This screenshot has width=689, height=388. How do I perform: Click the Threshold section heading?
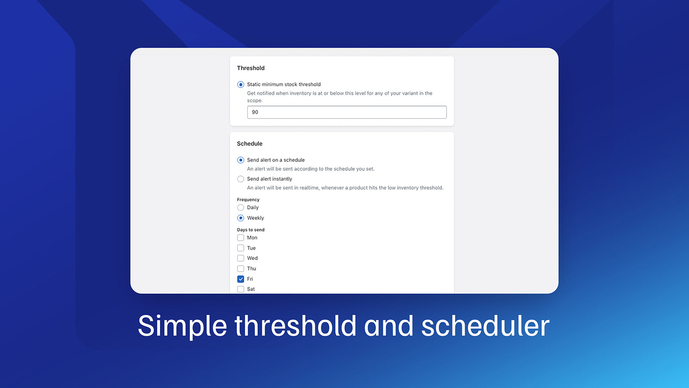click(x=251, y=68)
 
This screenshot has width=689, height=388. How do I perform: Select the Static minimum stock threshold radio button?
click(x=241, y=84)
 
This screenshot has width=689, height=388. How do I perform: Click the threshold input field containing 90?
click(x=347, y=112)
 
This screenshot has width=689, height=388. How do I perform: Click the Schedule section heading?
click(x=249, y=144)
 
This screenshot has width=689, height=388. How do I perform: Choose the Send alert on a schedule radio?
click(x=241, y=160)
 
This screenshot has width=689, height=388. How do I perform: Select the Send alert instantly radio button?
click(x=241, y=179)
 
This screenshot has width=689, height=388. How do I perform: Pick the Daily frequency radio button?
click(x=241, y=207)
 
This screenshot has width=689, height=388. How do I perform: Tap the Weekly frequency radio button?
click(x=241, y=218)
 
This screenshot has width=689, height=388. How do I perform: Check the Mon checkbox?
click(x=241, y=238)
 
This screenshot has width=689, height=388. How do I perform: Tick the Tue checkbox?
click(x=241, y=248)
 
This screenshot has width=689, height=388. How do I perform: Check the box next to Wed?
click(x=241, y=258)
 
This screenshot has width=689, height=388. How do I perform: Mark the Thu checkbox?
click(x=241, y=269)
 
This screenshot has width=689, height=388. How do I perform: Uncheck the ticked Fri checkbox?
click(x=241, y=279)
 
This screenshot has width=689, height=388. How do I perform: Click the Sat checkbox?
click(x=241, y=289)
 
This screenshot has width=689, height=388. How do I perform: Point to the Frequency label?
click(x=248, y=200)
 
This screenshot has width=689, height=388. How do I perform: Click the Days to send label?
click(x=251, y=230)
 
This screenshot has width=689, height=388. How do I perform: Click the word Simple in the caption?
click(x=182, y=326)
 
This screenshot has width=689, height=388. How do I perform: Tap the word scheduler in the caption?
click(x=485, y=326)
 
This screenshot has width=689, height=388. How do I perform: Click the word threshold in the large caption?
click(x=295, y=326)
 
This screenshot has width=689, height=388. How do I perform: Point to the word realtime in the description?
click(x=309, y=188)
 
